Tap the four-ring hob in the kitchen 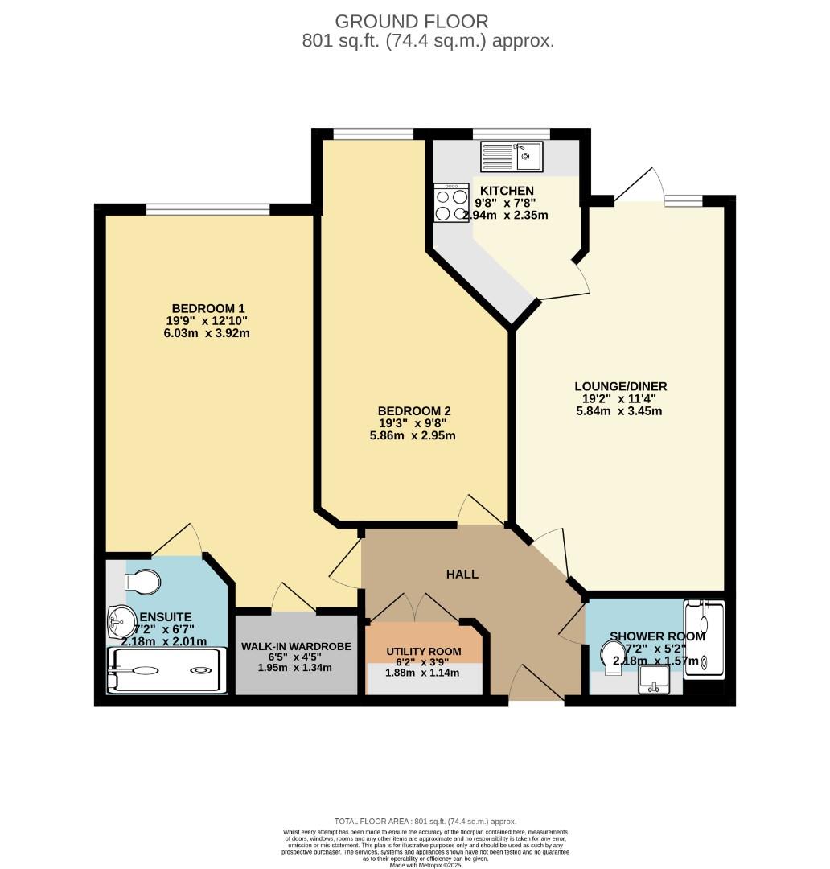coord(451,203)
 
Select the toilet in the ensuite coord(143,580)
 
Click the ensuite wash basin coord(121,620)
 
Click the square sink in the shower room coord(653,682)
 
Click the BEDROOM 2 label coord(408,410)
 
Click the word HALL coord(462,574)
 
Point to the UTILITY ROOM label coord(424,651)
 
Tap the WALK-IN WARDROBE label coord(295,646)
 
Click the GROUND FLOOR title coord(411,22)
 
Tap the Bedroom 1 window coord(207,209)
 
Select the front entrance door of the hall coord(536,686)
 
